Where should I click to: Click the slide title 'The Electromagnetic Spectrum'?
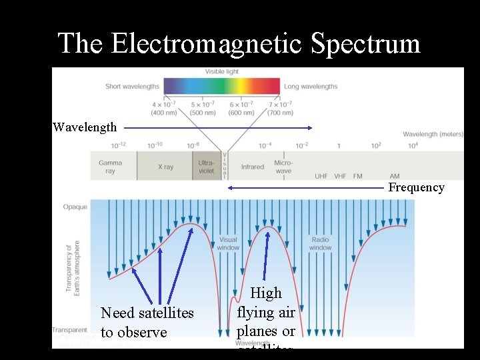coord(239,44)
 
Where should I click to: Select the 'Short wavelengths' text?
coord(133,86)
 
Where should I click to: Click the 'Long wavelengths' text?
coord(311,86)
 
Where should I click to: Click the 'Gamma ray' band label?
coord(110,167)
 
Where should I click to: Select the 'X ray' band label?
coord(165,167)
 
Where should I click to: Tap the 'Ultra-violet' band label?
coord(207,167)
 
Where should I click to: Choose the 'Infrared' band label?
coord(253,167)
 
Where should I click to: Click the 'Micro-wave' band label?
coord(283,167)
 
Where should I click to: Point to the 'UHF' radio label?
coord(321,176)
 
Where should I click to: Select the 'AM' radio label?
coord(395,176)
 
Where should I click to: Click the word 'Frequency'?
coord(416,187)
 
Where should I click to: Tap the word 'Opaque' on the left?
coord(75,207)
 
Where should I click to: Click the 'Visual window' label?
coord(228,243)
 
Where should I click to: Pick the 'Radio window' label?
coord(320,243)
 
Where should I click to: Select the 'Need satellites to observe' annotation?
coord(147,322)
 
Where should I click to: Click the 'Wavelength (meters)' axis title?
coord(433,134)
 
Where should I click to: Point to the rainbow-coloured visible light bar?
coord(222,86)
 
